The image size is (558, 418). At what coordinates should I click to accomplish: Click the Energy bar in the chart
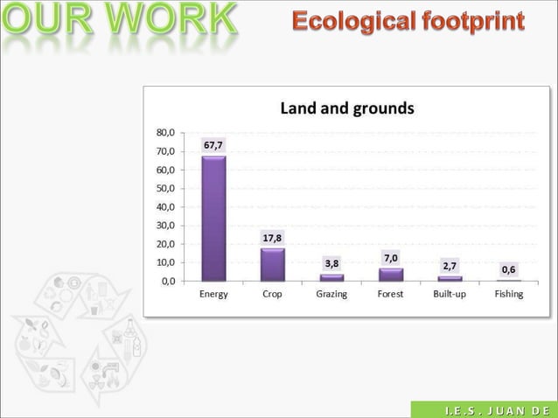click(x=213, y=219)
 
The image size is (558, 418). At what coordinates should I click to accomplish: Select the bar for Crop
click(x=272, y=264)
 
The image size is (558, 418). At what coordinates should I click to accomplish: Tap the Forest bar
click(x=390, y=275)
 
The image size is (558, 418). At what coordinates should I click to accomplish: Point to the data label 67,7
click(x=213, y=144)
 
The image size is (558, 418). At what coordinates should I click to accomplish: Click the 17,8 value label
click(x=273, y=238)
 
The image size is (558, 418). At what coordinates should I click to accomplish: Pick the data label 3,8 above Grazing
click(x=331, y=262)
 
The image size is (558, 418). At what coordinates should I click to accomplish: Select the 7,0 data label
click(x=390, y=257)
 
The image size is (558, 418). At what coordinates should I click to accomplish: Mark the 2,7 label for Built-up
click(x=449, y=264)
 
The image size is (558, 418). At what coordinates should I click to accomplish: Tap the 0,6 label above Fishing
click(x=508, y=269)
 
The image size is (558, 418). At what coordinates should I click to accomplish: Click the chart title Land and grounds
click(x=346, y=108)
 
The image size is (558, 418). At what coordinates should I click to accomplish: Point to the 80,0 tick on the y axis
click(x=165, y=133)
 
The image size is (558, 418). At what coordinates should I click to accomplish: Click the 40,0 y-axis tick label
click(x=165, y=206)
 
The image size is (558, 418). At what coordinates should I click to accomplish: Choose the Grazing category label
click(x=331, y=295)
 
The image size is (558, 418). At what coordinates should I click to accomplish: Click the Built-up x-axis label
click(x=449, y=295)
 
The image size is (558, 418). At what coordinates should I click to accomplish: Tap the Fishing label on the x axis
click(x=508, y=295)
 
